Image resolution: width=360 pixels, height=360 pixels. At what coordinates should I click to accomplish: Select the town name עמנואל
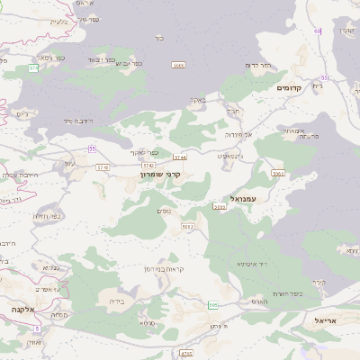(x=243, y=198)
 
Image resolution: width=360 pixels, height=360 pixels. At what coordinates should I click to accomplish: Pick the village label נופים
(x=165, y=211)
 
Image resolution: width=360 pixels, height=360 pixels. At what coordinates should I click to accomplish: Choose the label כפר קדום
(x=258, y=65)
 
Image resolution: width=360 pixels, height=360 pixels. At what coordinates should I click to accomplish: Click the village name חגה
(x=233, y=111)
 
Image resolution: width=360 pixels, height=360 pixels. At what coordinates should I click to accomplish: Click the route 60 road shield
(x=317, y=31)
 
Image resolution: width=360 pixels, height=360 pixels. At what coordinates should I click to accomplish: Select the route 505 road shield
(x=213, y=306)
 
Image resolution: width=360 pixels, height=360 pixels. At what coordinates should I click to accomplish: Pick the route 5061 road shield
(x=277, y=173)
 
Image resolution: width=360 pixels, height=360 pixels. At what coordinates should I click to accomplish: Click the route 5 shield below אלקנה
(x=36, y=328)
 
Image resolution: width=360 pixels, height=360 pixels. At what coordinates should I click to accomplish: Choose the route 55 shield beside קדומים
(x=324, y=78)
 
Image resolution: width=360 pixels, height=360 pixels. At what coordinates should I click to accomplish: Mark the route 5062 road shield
(x=187, y=227)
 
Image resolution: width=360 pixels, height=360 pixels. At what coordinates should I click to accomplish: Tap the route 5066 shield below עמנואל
(x=219, y=207)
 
